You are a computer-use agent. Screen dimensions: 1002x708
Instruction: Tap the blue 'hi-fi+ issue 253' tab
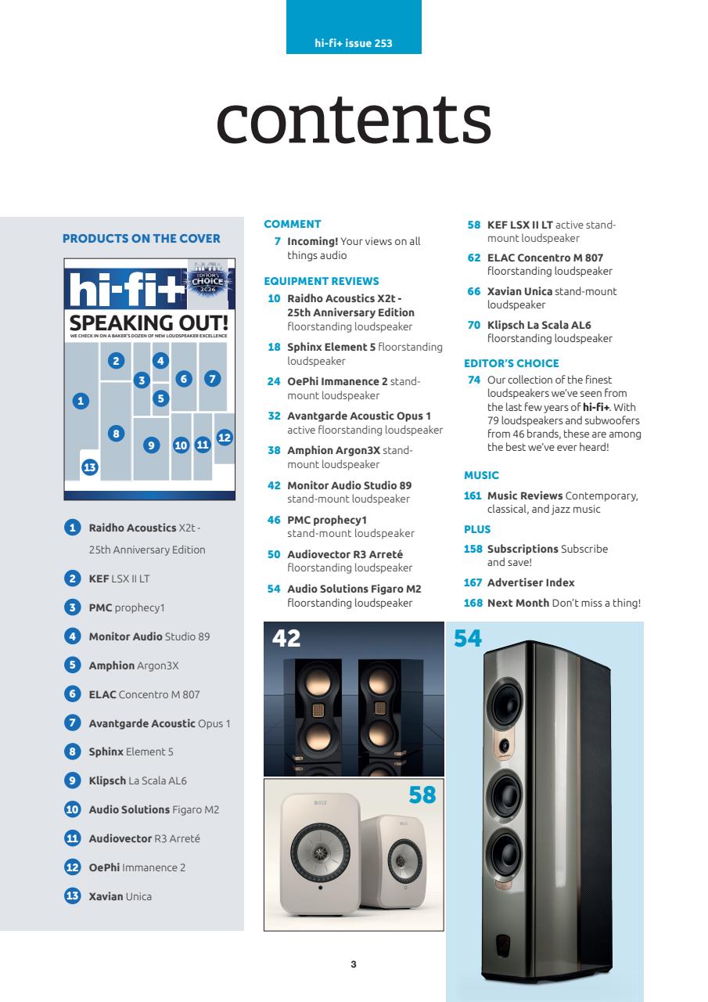click(x=354, y=43)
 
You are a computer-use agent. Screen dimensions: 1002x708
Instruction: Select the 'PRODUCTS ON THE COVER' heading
click(x=141, y=239)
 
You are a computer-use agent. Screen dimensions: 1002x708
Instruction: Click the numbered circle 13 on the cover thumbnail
click(x=89, y=467)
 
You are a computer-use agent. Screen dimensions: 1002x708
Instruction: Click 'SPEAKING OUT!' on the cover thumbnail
click(x=148, y=323)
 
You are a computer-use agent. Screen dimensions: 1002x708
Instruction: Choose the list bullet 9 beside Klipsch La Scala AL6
click(x=71, y=780)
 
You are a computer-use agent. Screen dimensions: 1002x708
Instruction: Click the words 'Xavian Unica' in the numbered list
click(x=120, y=896)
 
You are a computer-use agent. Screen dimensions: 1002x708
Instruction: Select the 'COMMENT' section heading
click(x=293, y=224)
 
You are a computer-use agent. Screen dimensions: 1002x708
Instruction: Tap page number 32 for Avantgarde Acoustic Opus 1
click(x=274, y=416)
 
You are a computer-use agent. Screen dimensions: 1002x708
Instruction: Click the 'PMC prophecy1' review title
click(x=327, y=520)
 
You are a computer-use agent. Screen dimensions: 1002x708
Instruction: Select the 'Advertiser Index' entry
click(x=530, y=582)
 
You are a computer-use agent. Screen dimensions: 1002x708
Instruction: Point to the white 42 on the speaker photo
click(x=286, y=639)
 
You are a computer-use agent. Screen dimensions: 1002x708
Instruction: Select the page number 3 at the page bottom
click(x=354, y=964)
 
